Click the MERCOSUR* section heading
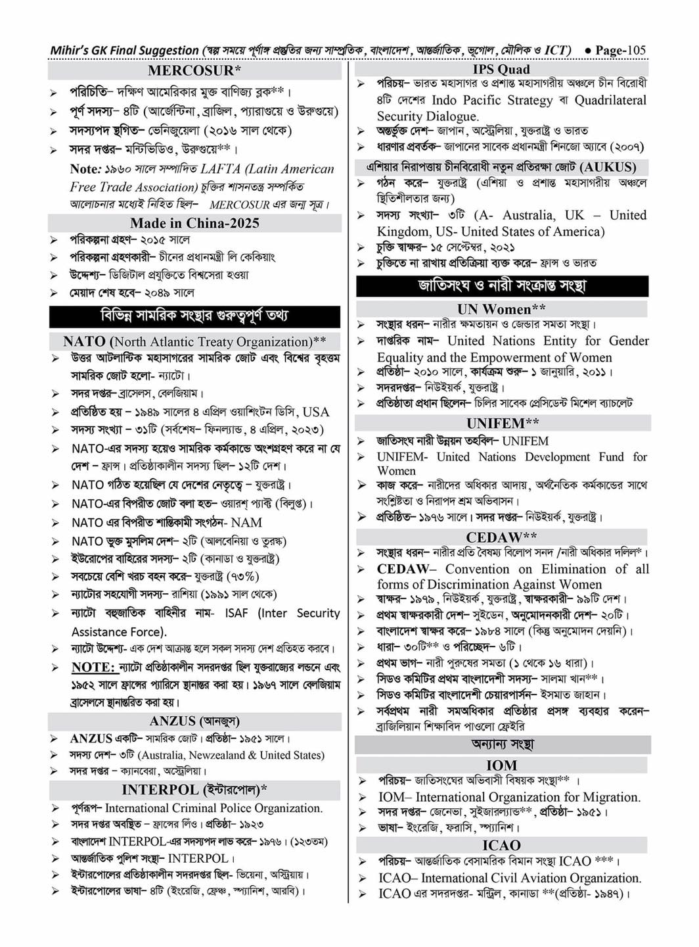[194, 70]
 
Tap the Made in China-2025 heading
[194, 223]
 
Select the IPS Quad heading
[501, 69]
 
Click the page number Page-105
[620, 50]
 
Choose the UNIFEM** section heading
[503, 423]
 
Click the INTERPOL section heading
[194, 790]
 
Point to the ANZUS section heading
[194, 721]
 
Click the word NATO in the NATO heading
[84, 341]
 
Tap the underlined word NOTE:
[93, 667]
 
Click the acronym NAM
[246, 523]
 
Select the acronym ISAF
[237, 613]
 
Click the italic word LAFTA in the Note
[220, 169]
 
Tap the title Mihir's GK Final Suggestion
[124, 50]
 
